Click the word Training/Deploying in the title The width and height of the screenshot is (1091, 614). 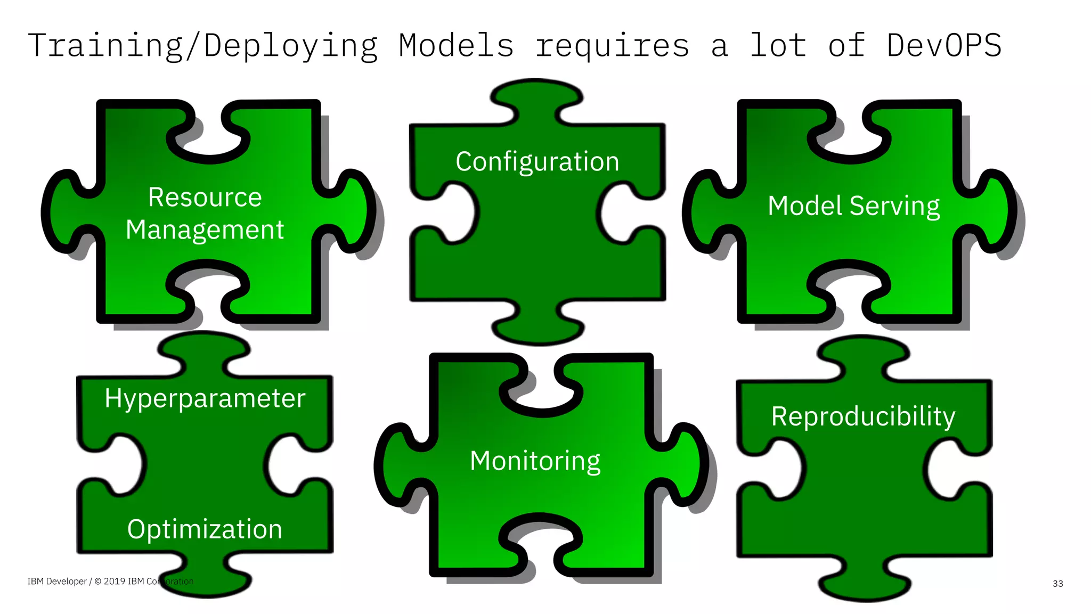click(202, 46)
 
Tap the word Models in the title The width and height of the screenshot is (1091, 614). click(457, 45)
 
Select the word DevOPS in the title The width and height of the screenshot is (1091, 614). click(944, 45)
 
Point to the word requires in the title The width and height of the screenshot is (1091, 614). click(612, 46)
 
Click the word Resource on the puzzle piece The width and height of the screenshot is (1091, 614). click(205, 197)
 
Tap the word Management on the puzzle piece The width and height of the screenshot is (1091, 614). click(205, 230)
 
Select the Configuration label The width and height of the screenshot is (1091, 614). click(537, 161)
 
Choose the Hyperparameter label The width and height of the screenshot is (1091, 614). click(205, 398)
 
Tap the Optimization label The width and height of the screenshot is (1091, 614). click(205, 529)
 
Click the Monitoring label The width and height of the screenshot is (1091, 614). click(535, 461)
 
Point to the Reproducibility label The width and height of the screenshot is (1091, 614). click(863, 416)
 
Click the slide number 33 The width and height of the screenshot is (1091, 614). click(1057, 584)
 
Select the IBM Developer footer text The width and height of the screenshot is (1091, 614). click(56, 582)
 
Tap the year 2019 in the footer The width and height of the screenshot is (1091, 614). click(114, 582)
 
